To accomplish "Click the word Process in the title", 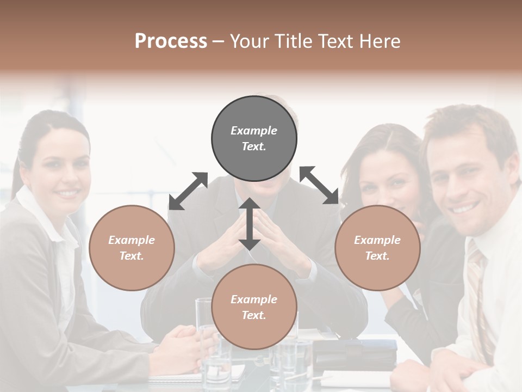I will pyautogui.click(x=171, y=41).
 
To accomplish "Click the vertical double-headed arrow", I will pyautogui.click(x=250, y=224).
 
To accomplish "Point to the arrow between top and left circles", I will pyautogui.click(x=188, y=191).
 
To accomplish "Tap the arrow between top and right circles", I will pyautogui.click(x=319, y=185).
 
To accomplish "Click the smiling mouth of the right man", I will pyautogui.click(x=465, y=207).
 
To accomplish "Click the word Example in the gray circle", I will pyautogui.click(x=254, y=131).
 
